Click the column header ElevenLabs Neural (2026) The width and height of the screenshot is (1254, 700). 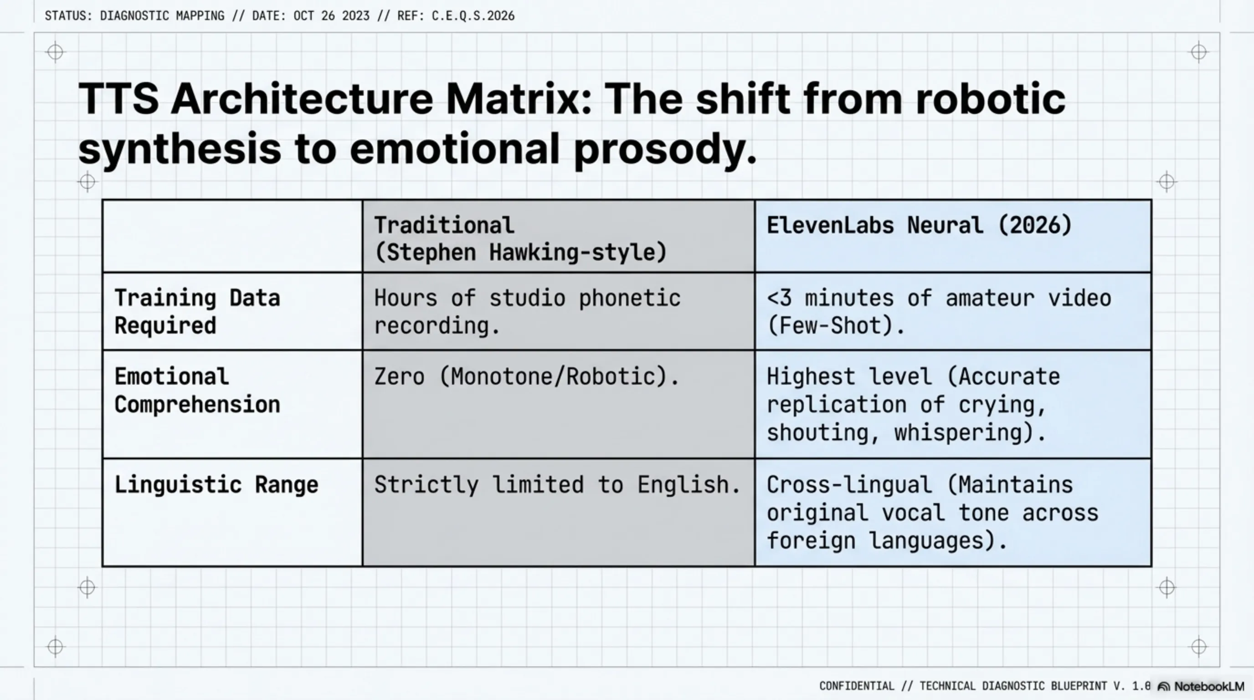point(919,226)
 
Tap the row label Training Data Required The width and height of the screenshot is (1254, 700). point(197,312)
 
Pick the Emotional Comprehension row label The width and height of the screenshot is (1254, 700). point(197,391)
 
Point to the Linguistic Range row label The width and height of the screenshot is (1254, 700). point(216,485)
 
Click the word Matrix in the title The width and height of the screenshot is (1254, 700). point(519,99)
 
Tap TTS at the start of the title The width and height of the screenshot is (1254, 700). point(118,99)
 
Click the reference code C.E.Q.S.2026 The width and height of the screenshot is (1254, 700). point(473,16)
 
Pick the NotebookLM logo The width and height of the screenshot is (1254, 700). point(1200,686)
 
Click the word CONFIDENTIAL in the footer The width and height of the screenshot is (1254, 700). point(857,686)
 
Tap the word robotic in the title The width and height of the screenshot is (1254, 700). point(991,99)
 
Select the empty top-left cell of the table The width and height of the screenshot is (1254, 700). point(233,236)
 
